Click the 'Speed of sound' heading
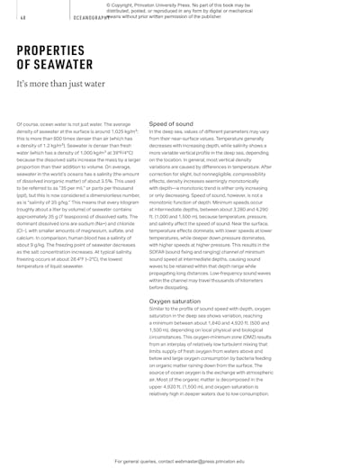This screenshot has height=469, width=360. pyautogui.click(x=171, y=122)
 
